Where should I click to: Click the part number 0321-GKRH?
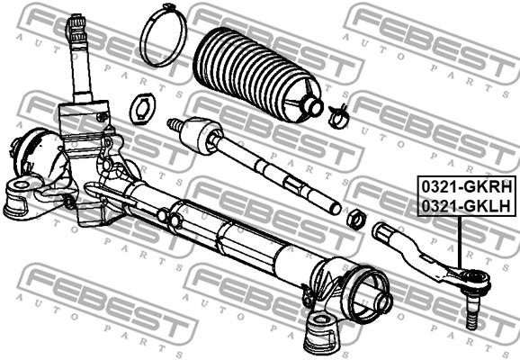(x=467, y=188)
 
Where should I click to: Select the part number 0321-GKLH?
(x=466, y=206)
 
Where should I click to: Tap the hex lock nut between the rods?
(x=356, y=220)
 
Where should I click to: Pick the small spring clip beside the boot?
(x=339, y=116)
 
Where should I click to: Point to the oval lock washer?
(x=142, y=109)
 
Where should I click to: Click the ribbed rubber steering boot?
(x=257, y=76)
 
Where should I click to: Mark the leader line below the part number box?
(x=459, y=242)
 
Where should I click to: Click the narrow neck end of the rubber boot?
(x=312, y=105)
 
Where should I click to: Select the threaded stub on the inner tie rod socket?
(x=175, y=124)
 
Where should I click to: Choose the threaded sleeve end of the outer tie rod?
(x=384, y=229)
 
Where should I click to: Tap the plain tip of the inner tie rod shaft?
(x=335, y=208)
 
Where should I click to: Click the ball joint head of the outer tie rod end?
(x=476, y=281)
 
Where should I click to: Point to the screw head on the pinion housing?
(x=102, y=117)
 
